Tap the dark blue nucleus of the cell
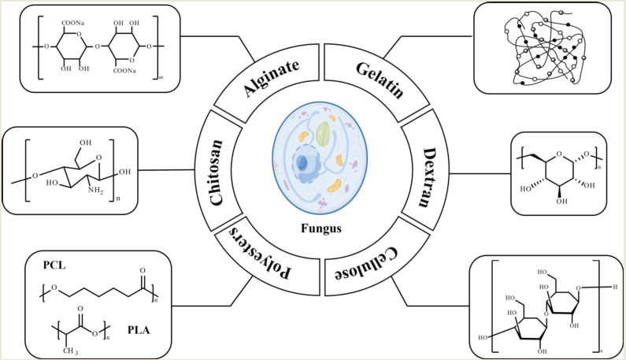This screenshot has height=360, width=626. pos(303,165)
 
